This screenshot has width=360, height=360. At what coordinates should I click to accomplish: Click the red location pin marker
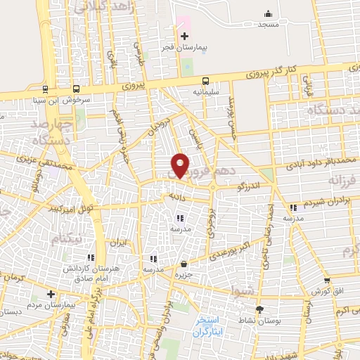pos(180,165)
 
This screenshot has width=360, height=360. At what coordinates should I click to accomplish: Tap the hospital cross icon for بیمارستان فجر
pos(185,36)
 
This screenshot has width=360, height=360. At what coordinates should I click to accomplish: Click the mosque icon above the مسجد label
pos(267,13)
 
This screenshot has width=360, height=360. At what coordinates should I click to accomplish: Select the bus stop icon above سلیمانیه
pos(205,81)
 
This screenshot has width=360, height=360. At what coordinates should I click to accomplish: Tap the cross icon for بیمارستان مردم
pos(50,293)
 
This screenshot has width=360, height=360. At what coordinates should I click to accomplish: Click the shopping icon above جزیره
pos(184,265)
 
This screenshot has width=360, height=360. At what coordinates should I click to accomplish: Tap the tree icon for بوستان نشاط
pos(259,309)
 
